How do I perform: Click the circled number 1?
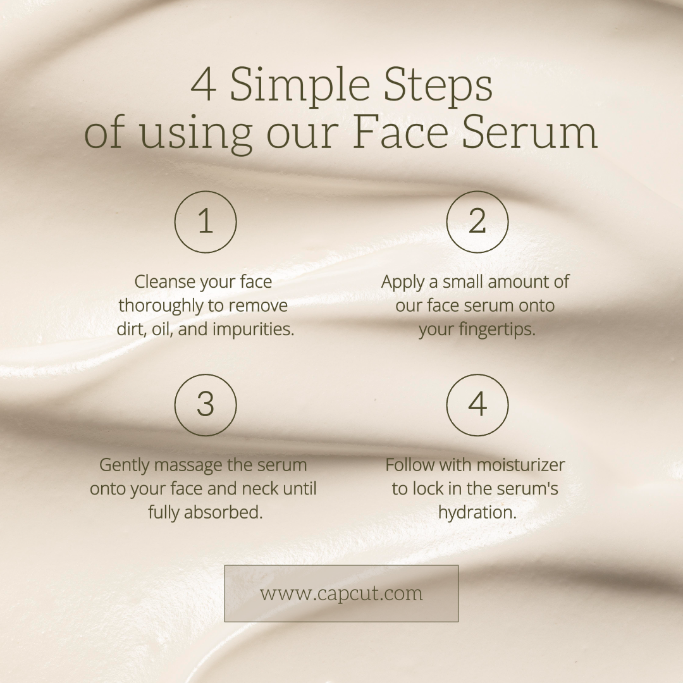(206, 222)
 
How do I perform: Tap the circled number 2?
(477, 222)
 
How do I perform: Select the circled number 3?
(206, 405)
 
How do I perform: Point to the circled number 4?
(477, 405)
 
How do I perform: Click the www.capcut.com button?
(341, 593)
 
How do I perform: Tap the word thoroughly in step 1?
(166, 306)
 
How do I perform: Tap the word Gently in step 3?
(125, 465)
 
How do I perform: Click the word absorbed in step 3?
(223, 512)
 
